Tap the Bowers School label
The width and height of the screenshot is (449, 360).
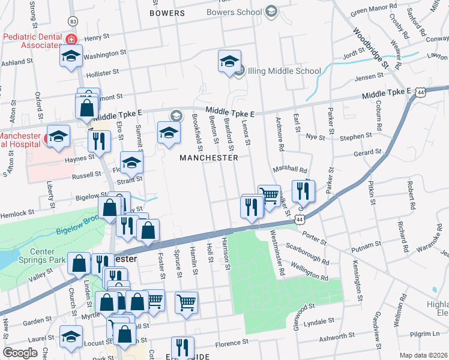coord(234,12)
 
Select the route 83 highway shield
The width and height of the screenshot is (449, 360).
coord(73,21)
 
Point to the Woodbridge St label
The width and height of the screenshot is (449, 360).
coord(372,47)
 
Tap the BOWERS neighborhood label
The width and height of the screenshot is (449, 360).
coord(167,13)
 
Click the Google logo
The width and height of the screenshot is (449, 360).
coord(20,353)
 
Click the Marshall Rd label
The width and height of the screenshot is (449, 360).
coord(290,170)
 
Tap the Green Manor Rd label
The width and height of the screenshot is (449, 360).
coord(373,9)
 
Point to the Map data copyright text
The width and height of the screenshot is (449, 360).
coord(423,355)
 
